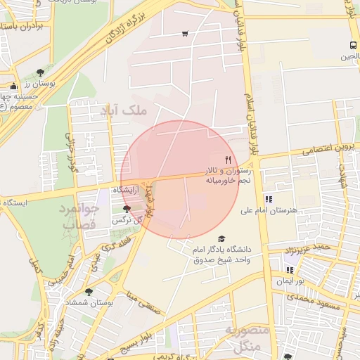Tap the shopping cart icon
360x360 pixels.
185,33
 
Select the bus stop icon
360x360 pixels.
352,46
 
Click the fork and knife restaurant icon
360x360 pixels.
228,160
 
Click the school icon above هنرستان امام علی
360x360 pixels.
269,199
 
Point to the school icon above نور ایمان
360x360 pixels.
289,269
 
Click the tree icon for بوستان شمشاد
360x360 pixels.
88,292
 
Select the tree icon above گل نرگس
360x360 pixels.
127,209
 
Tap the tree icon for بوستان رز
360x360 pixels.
40,72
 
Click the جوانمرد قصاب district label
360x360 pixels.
79,217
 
